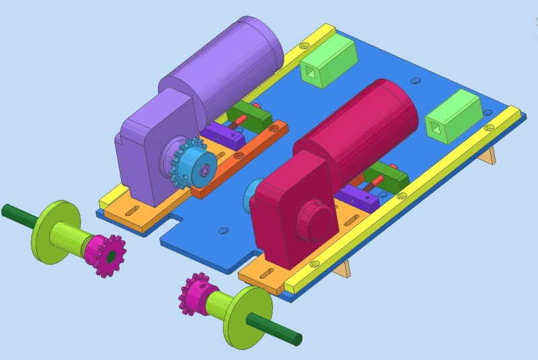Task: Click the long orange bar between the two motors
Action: pyautogui.click(x=239, y=161)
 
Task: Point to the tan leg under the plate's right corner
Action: pyautogui.click(x=491, y=155)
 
